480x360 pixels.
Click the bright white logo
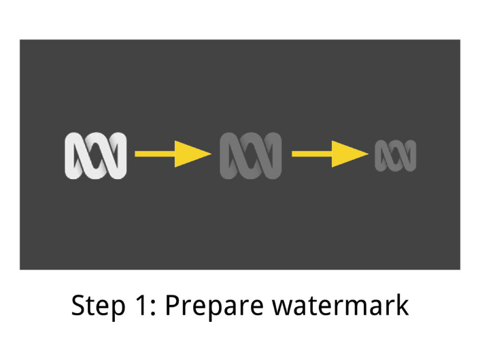click(96, 155)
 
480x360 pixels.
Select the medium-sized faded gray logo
click(250, 155)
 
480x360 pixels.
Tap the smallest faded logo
click(395, 155)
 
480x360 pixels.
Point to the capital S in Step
click(80, 306)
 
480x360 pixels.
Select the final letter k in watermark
click(401, 305)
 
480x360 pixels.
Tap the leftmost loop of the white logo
click(74, 155)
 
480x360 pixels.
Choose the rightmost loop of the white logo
click(118, 155)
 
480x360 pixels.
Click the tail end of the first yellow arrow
click(138, 154)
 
